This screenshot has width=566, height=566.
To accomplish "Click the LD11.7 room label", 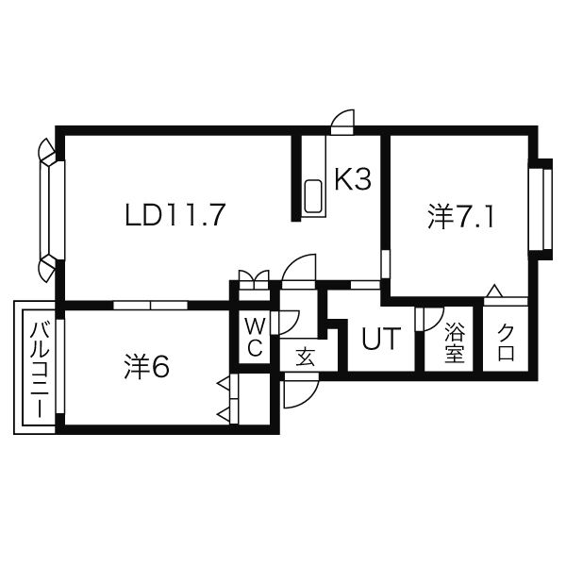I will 175,216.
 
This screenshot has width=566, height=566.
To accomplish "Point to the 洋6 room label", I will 146,367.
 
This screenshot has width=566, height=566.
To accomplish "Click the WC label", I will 255,337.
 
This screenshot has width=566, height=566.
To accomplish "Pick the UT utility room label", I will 382,339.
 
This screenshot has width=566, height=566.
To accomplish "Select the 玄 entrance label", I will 305,357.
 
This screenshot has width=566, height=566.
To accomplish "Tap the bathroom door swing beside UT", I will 429,318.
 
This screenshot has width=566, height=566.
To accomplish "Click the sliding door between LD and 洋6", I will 149,305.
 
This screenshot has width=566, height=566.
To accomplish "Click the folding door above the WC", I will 254,278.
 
